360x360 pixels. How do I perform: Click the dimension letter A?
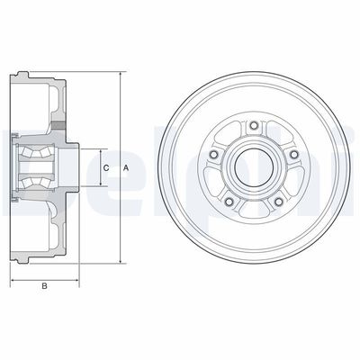click(126, 168)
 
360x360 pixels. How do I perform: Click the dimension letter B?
click(44, 286)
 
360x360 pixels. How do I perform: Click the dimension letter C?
click(106, 168)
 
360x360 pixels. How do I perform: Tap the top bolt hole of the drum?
click(254, 125)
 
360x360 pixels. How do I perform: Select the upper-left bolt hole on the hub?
click(214, 154)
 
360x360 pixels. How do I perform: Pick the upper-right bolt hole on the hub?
click(294, 154)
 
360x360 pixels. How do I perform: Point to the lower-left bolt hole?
click(229, 202)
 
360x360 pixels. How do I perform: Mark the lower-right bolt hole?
click(279, 202)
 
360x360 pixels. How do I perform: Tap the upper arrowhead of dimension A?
click(121, 75)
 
